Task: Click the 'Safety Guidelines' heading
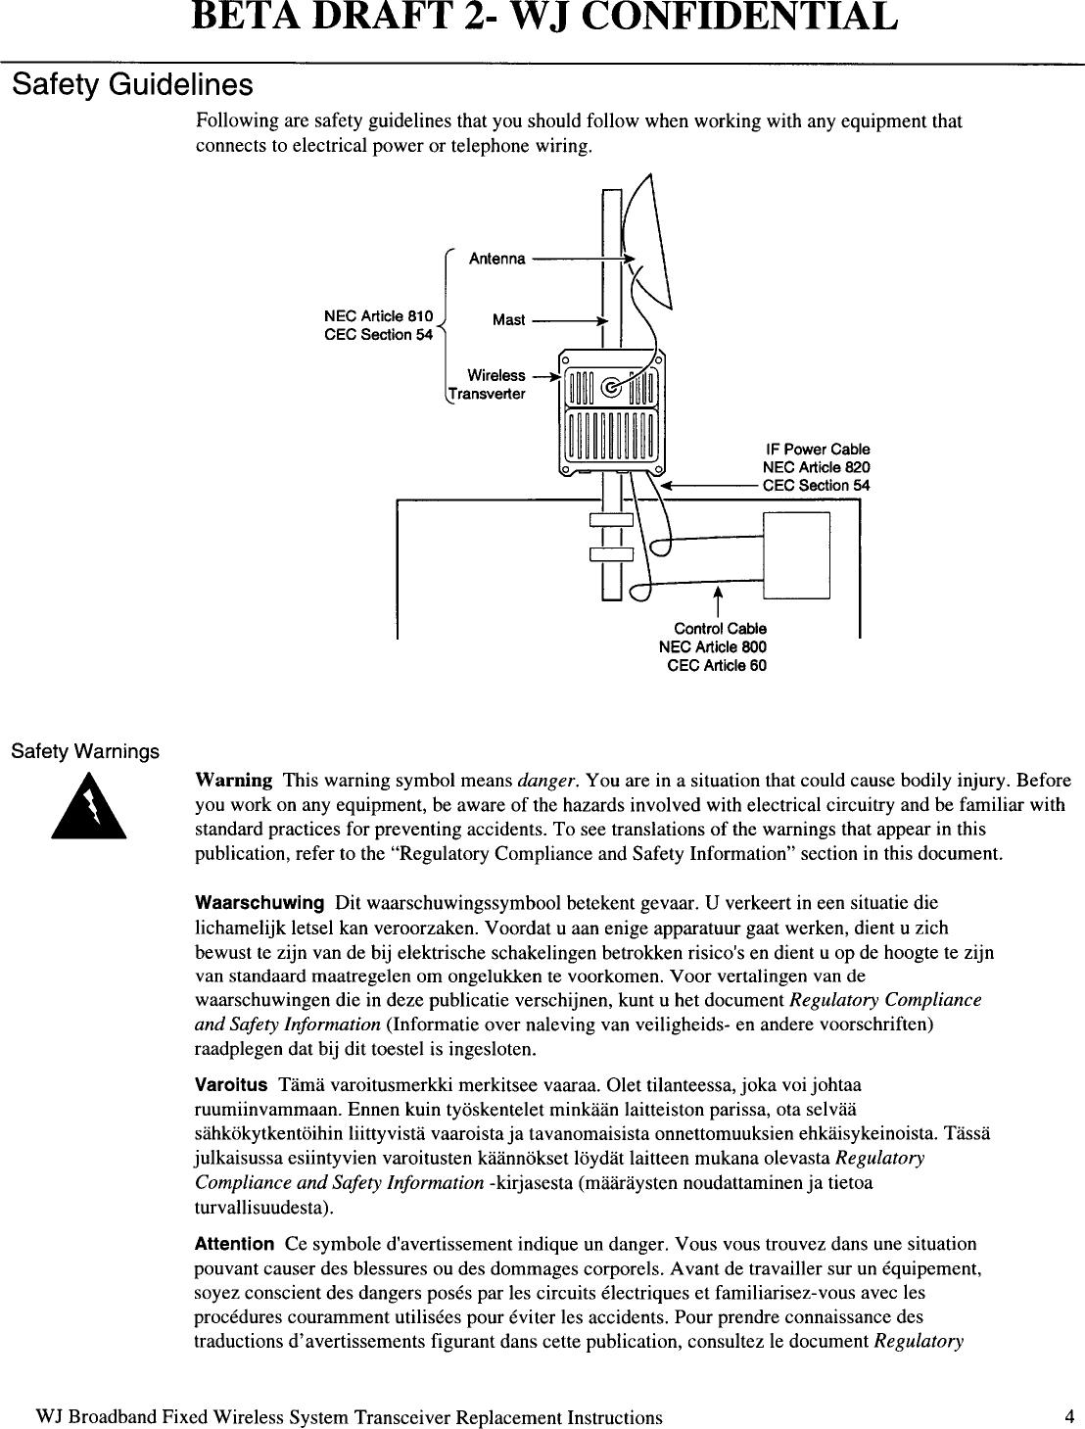(x=132, y=85)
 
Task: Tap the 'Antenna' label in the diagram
(x=496, y=260)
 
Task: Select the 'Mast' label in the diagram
(x=508, y=320)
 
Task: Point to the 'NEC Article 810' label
(x=378, y=316)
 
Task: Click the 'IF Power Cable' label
(x=817, y=450)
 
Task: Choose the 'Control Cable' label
(x=720, y=628)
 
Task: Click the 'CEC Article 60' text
(x=716, y=666)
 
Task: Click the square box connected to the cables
(x=796, y=554)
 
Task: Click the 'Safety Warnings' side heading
(x=84, y=752)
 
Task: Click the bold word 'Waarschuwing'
(x=259, y=902)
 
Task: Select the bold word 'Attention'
(x=234, y=1244)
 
